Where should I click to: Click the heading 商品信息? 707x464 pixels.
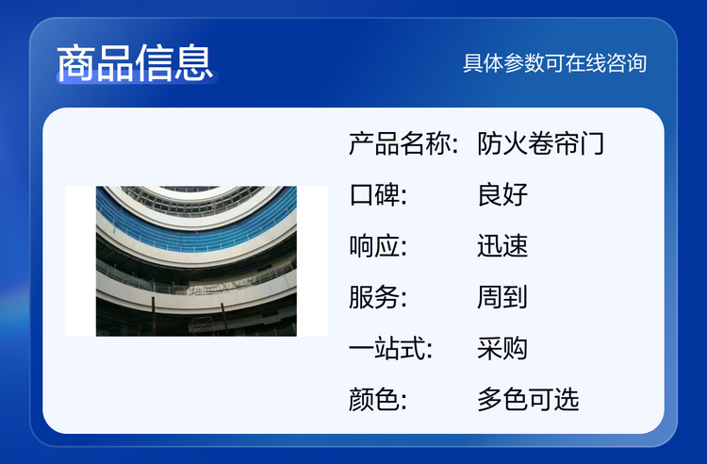click(135, 62)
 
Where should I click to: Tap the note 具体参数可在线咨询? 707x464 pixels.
click(555, 63)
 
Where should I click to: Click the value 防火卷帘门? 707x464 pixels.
click(541, 144)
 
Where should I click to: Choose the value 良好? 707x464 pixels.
click(502, 195)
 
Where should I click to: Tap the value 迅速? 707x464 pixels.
click(502, 246)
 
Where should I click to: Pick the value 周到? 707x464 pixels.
click(502, 297)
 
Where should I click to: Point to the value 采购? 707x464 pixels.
click(502, 349)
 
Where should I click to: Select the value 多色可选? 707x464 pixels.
click(528, 400)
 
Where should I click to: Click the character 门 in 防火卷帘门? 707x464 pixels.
click(592, 144)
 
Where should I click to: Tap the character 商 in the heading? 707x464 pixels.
click(75, 62)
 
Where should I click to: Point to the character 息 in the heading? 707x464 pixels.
click(193, 62)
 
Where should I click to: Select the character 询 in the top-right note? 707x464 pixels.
click(637, 63)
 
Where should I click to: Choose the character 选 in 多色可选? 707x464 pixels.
click(567, 400)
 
